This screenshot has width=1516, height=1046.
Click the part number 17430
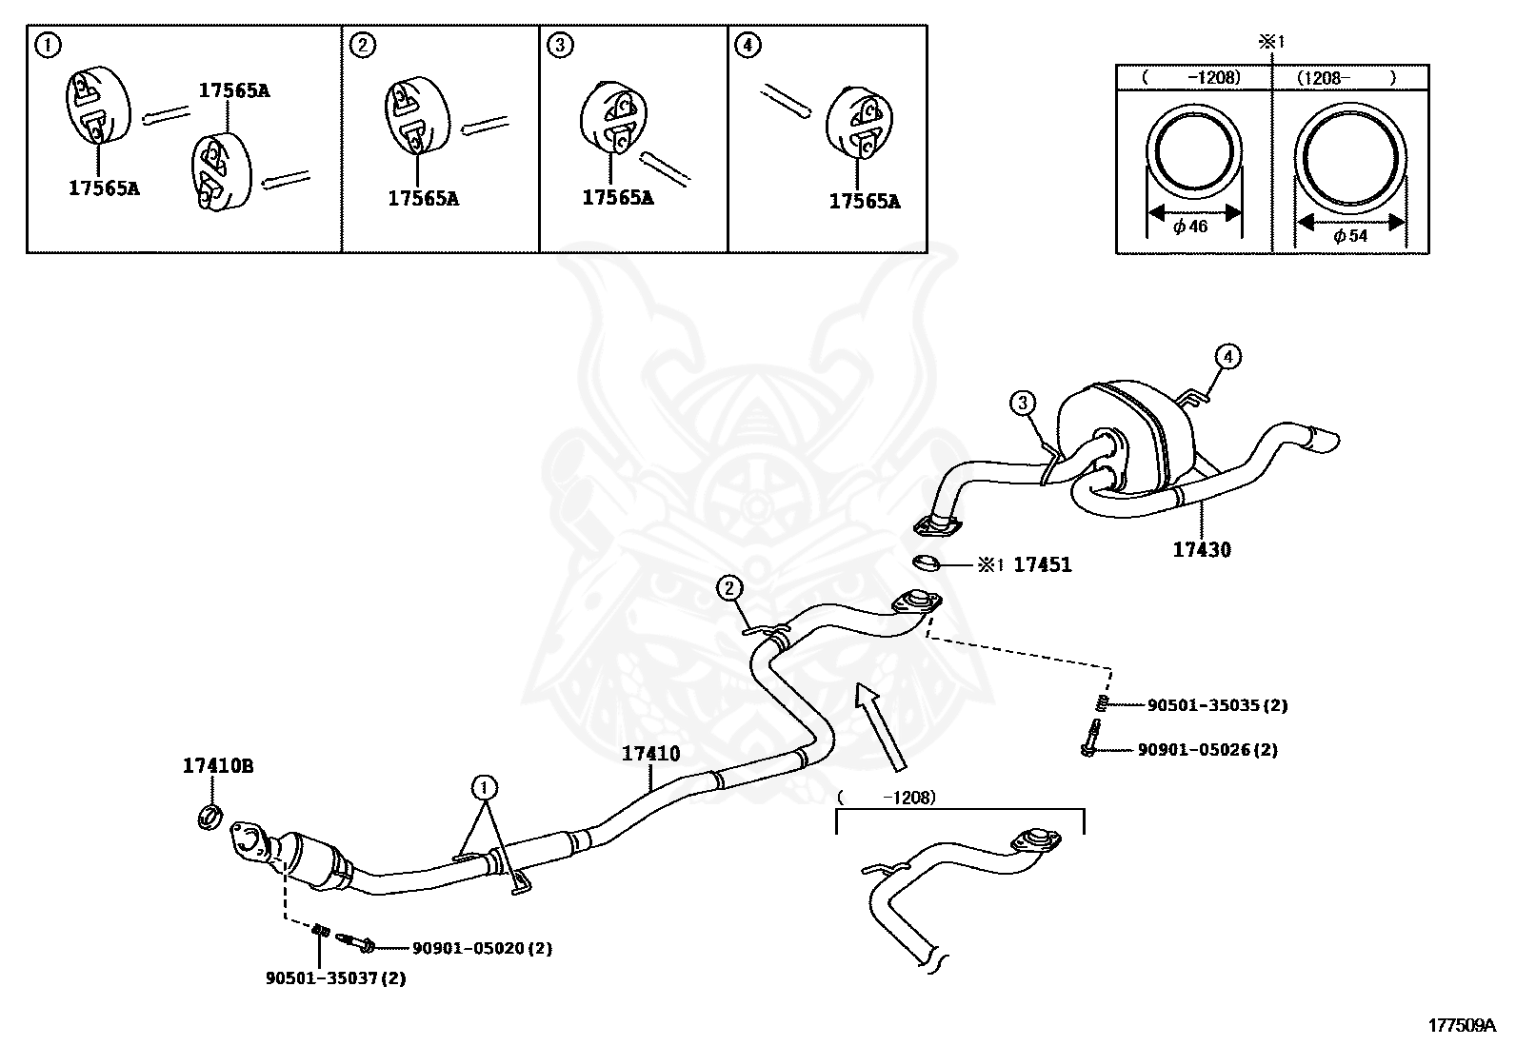click(1201, 550)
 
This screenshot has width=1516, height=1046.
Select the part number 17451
click(1042, 565)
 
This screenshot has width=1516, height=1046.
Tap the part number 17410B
click(218, 765)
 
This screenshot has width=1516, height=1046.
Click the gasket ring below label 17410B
click(210, 816)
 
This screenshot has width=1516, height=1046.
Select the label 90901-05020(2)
click(482, 948)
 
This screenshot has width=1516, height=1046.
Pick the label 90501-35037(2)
click(335, 978)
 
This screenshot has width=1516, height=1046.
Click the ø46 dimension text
click(1190, 227)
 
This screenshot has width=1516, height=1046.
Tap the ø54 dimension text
click(1350, 236)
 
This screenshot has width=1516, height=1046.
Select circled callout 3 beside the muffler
click(1023, 404)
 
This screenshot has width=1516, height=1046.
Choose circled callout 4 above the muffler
click(1227, 357)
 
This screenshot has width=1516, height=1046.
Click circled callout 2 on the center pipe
click(729, 588)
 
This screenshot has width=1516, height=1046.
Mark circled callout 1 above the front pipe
click(485, 787)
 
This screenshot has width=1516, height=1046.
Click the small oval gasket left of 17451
click(926, 563)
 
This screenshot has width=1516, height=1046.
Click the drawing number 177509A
click(1461, 1025)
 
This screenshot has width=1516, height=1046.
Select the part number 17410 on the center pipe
click(651, 754)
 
